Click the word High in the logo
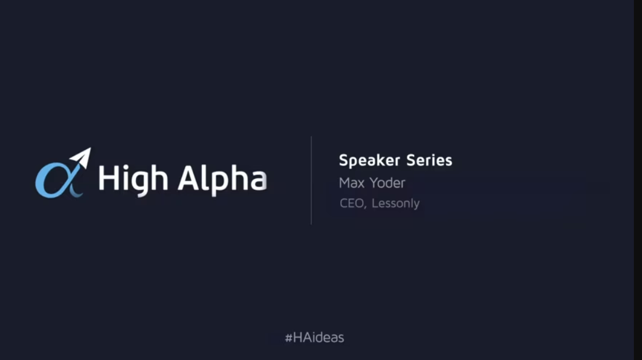(x=132, y=177)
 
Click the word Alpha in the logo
(x=222, y=177)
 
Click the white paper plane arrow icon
(x=82, y=157)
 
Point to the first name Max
(x=351, y=183)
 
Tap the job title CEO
(x=352, y=203)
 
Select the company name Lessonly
(x=396, y=204)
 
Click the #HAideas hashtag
(x=314, y=337)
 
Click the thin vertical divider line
(x=311, y=180)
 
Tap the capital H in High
(x=108, y=177)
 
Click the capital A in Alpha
(x=189, y=177)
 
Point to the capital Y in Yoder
(x=373, y=183)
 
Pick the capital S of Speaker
(x=343, y=160)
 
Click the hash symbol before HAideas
(x=288, y=337)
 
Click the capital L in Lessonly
(x=375, y=203)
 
